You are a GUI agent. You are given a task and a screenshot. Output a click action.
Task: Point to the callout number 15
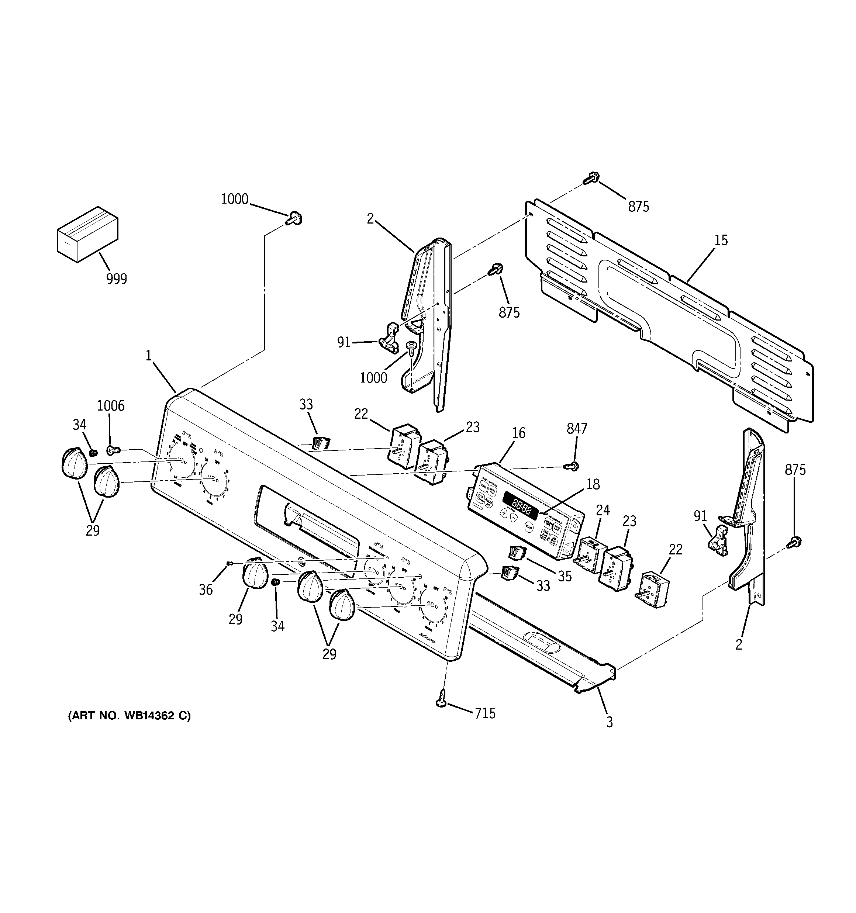[721, 240]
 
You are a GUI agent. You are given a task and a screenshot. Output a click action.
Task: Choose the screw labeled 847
[573, 466]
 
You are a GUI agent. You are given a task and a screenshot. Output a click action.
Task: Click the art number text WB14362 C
[129, 729]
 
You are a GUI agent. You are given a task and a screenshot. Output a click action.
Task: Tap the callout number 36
[206, 590]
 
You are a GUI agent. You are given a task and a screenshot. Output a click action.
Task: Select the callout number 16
[518, 433]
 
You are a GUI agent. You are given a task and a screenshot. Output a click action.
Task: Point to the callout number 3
[609, 722]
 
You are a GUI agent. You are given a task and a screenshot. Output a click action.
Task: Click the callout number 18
[593, 484]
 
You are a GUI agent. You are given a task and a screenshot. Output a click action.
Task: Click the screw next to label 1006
[113, 450]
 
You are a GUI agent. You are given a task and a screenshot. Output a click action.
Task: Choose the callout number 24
[603, 510]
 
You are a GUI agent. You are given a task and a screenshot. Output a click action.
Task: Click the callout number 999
[117, 278]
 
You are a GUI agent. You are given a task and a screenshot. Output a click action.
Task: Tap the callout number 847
[577, 429]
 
